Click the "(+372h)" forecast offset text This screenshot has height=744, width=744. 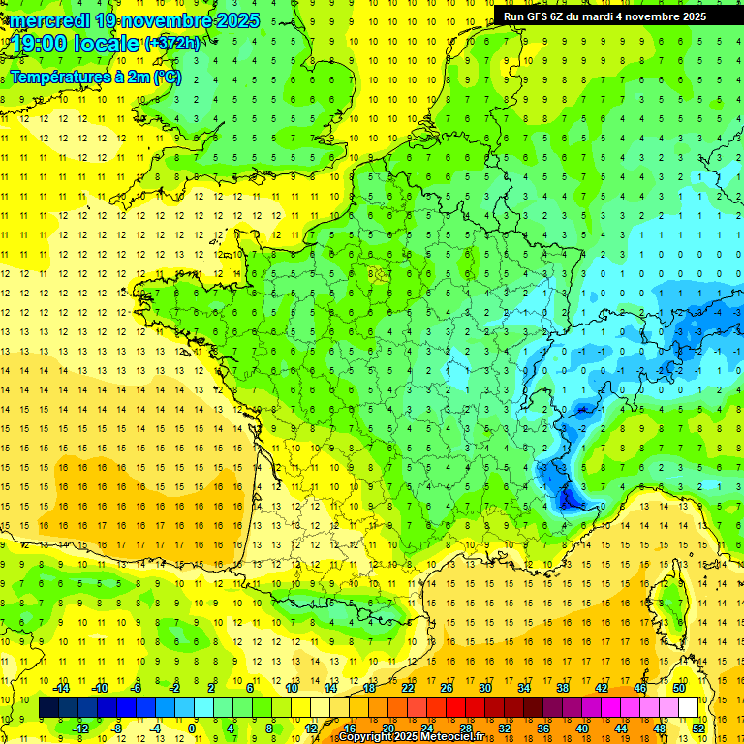(x=172, y=43)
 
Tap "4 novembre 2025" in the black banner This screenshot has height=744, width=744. (x=656, y=16)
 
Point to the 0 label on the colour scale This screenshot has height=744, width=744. (x=192, y=728)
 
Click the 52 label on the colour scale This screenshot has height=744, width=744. (x=697, y=728)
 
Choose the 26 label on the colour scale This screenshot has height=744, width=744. (x=446, y=688)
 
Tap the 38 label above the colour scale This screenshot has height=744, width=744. (x=562, y=688)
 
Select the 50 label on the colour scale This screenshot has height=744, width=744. (x=678, y=688)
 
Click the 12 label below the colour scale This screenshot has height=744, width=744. (x=312, y=728)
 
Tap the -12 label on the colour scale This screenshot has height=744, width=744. (x=81, y=728)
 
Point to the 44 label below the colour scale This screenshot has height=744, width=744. (x=620, y=728)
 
